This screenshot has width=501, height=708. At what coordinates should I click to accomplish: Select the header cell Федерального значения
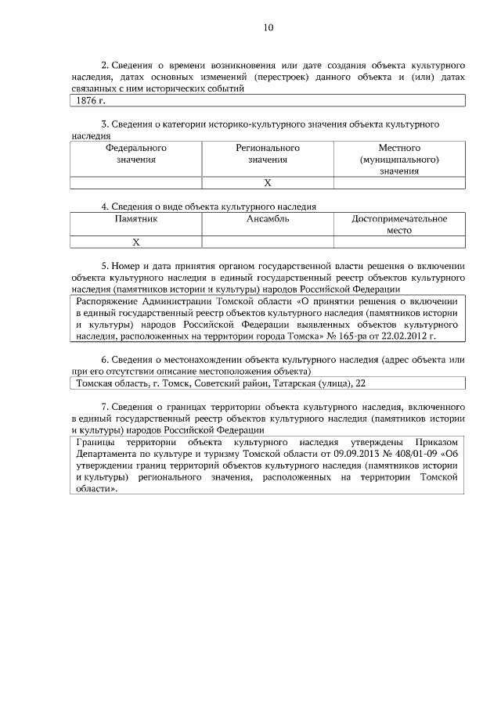136,153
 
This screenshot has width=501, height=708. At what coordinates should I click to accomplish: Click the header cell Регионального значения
268,153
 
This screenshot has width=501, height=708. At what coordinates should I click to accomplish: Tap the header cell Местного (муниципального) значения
399,159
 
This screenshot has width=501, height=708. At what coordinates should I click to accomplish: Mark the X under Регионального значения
268,182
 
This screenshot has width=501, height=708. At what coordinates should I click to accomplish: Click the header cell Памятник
136,219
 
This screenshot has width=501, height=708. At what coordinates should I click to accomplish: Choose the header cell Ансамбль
268,219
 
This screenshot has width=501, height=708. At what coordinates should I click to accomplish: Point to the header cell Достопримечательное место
399,225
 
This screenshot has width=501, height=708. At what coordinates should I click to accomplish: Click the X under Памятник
136,242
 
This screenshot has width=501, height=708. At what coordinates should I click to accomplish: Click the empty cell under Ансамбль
268,242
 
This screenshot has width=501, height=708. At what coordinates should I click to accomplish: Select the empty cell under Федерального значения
136,182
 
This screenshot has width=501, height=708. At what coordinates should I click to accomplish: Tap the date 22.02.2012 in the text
411,336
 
